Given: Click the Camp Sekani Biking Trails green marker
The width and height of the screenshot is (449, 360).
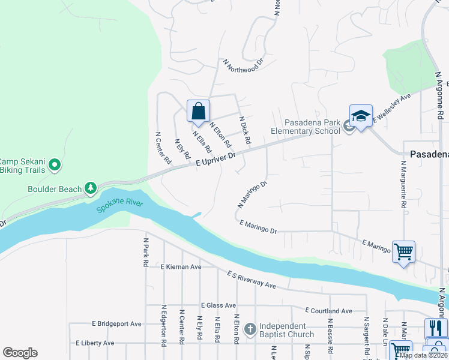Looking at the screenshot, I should point(55,164).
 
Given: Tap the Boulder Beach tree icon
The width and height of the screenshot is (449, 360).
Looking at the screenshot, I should point(91,189).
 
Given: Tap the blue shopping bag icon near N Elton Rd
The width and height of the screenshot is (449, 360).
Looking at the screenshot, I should point(199,112).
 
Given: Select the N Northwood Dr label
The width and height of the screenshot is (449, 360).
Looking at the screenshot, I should point(243,65).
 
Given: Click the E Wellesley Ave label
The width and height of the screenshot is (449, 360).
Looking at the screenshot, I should point(392,108).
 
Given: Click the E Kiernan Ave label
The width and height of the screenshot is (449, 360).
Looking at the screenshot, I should point(181,266).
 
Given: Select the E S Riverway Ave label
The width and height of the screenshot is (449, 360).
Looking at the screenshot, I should point(251,280).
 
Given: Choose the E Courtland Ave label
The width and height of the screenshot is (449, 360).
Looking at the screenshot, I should point(328,311).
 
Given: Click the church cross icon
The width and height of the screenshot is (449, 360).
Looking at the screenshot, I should point(250,329).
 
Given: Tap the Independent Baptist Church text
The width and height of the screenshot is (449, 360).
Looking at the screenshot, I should point(286,330).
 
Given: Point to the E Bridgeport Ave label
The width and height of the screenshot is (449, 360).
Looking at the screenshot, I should point(117,323).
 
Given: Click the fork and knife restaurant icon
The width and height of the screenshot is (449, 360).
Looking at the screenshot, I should point(436,328).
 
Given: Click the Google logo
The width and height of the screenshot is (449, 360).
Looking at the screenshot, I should point(20,353).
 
